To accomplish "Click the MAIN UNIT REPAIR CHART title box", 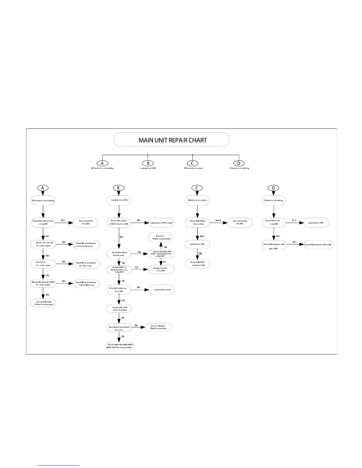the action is (x=172, y=140).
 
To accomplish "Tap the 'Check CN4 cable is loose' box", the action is (x=43, y=222).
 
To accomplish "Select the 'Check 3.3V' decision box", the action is (x=43, y=264).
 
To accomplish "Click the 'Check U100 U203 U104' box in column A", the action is (x=43, y=303).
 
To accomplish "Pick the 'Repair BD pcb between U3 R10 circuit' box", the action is (x=86, y=264).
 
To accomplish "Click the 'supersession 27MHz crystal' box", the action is (x=161, y=222).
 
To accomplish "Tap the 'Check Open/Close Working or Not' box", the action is (x=119, y=254).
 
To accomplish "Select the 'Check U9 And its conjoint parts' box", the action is (x=160, y=238).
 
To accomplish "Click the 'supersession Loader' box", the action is (x=161, y=290).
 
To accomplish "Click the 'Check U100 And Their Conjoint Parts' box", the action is (x=158, y=327).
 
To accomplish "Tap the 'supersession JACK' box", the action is (x=197, y=244).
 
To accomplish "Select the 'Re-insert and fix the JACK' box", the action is (x=240, y=222).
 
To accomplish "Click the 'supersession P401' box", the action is (x=316, y=222).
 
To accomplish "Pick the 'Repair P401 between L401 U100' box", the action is (x=319, y=245).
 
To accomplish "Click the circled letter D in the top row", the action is (x=239, y=163).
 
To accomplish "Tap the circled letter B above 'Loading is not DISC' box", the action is (x=119, y=188).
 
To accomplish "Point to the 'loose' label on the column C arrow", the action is (x=218, y=220).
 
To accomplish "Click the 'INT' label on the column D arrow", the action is (x=295, y=242).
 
